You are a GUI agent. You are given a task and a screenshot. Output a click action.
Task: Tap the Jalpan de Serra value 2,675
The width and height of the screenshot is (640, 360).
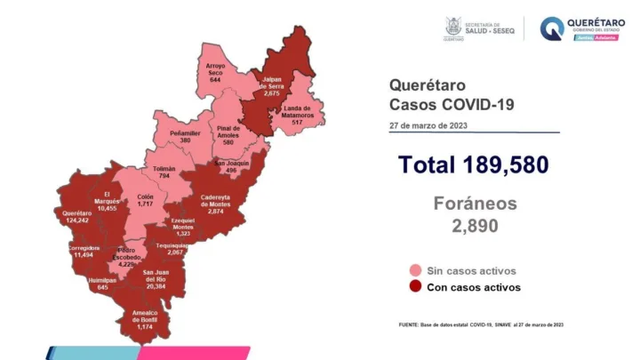272,92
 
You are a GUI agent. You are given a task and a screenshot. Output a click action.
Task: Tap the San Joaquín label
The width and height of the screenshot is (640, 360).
231,166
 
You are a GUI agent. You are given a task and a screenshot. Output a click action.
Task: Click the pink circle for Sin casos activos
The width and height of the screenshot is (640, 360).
415,270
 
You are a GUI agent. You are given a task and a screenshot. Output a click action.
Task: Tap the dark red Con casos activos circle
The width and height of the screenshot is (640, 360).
415,287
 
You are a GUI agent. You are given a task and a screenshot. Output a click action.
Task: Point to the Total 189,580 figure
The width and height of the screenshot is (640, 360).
473,164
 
